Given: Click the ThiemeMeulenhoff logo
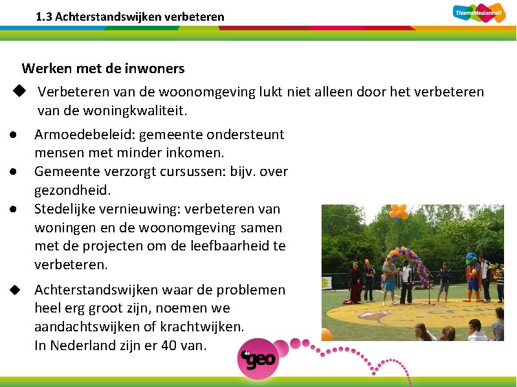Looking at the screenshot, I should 479,12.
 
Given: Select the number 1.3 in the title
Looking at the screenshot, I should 44,17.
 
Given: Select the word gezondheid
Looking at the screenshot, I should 72,190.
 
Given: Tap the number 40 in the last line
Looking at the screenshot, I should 168,346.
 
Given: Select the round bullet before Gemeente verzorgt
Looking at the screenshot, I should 13,171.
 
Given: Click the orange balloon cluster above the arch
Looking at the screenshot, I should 398,212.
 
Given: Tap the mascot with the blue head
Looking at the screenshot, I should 472,275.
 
